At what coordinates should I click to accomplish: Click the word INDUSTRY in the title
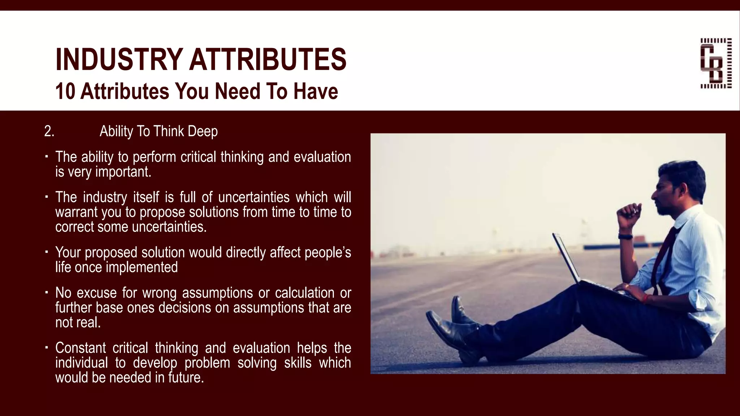click(119, 60)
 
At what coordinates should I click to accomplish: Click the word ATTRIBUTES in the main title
click(268, 60)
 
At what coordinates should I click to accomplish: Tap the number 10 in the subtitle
click(65, 91)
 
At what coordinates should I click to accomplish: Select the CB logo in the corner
click(716, 63)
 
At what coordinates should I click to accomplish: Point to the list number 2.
click(49, 131)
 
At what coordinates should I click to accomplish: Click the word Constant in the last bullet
click(81, 348)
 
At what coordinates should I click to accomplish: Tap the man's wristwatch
click(625, 237)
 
